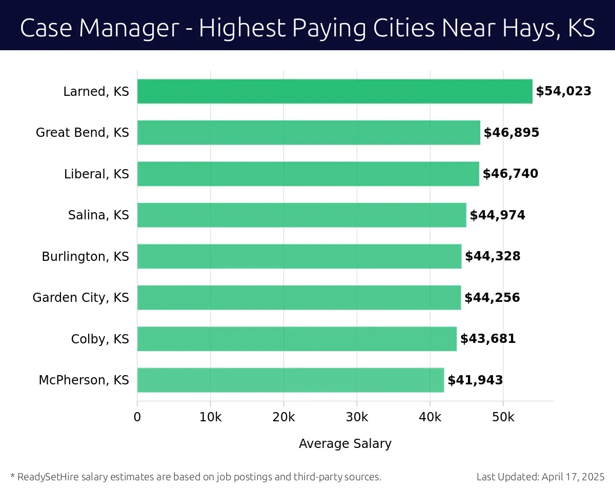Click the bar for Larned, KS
335,91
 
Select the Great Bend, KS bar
309,133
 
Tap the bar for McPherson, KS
291,380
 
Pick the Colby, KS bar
297,339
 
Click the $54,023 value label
563,91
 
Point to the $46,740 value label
510,174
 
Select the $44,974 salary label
497,215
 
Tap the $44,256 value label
492,298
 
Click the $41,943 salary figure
475,380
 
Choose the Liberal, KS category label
96,174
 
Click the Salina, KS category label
98,215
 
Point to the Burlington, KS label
85,256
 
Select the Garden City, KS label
80,298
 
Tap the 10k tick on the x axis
210,417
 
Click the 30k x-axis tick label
357,417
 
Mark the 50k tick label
503,417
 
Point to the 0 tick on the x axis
137,417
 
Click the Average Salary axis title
345,444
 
